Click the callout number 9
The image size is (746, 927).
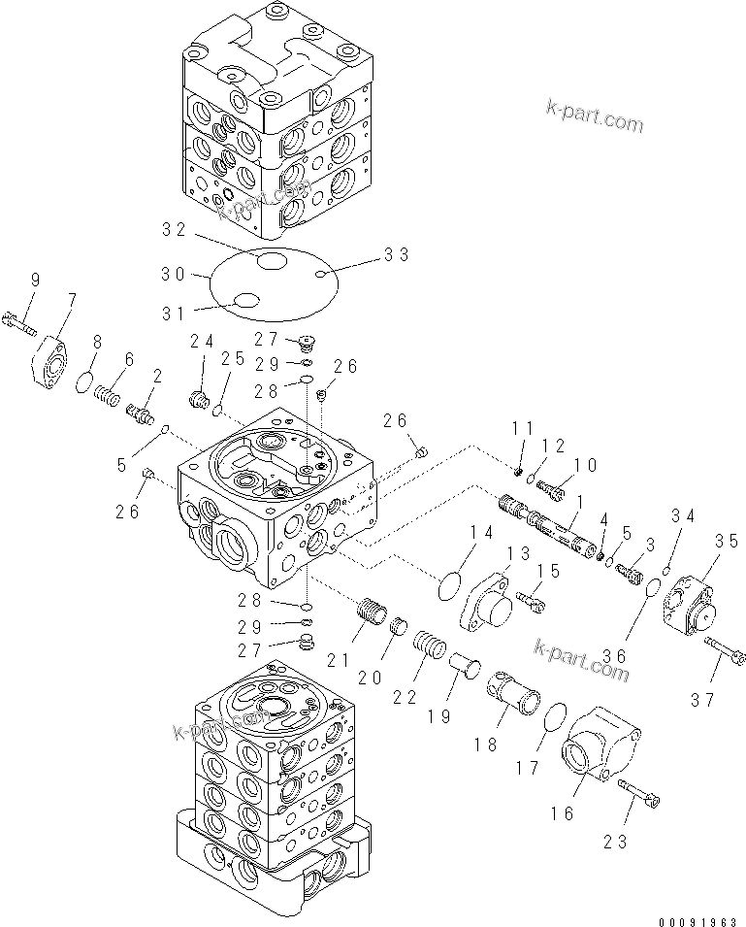35,281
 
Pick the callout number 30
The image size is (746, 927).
174,275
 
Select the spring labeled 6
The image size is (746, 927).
107,393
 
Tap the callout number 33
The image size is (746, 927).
396,255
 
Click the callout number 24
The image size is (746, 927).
202,341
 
